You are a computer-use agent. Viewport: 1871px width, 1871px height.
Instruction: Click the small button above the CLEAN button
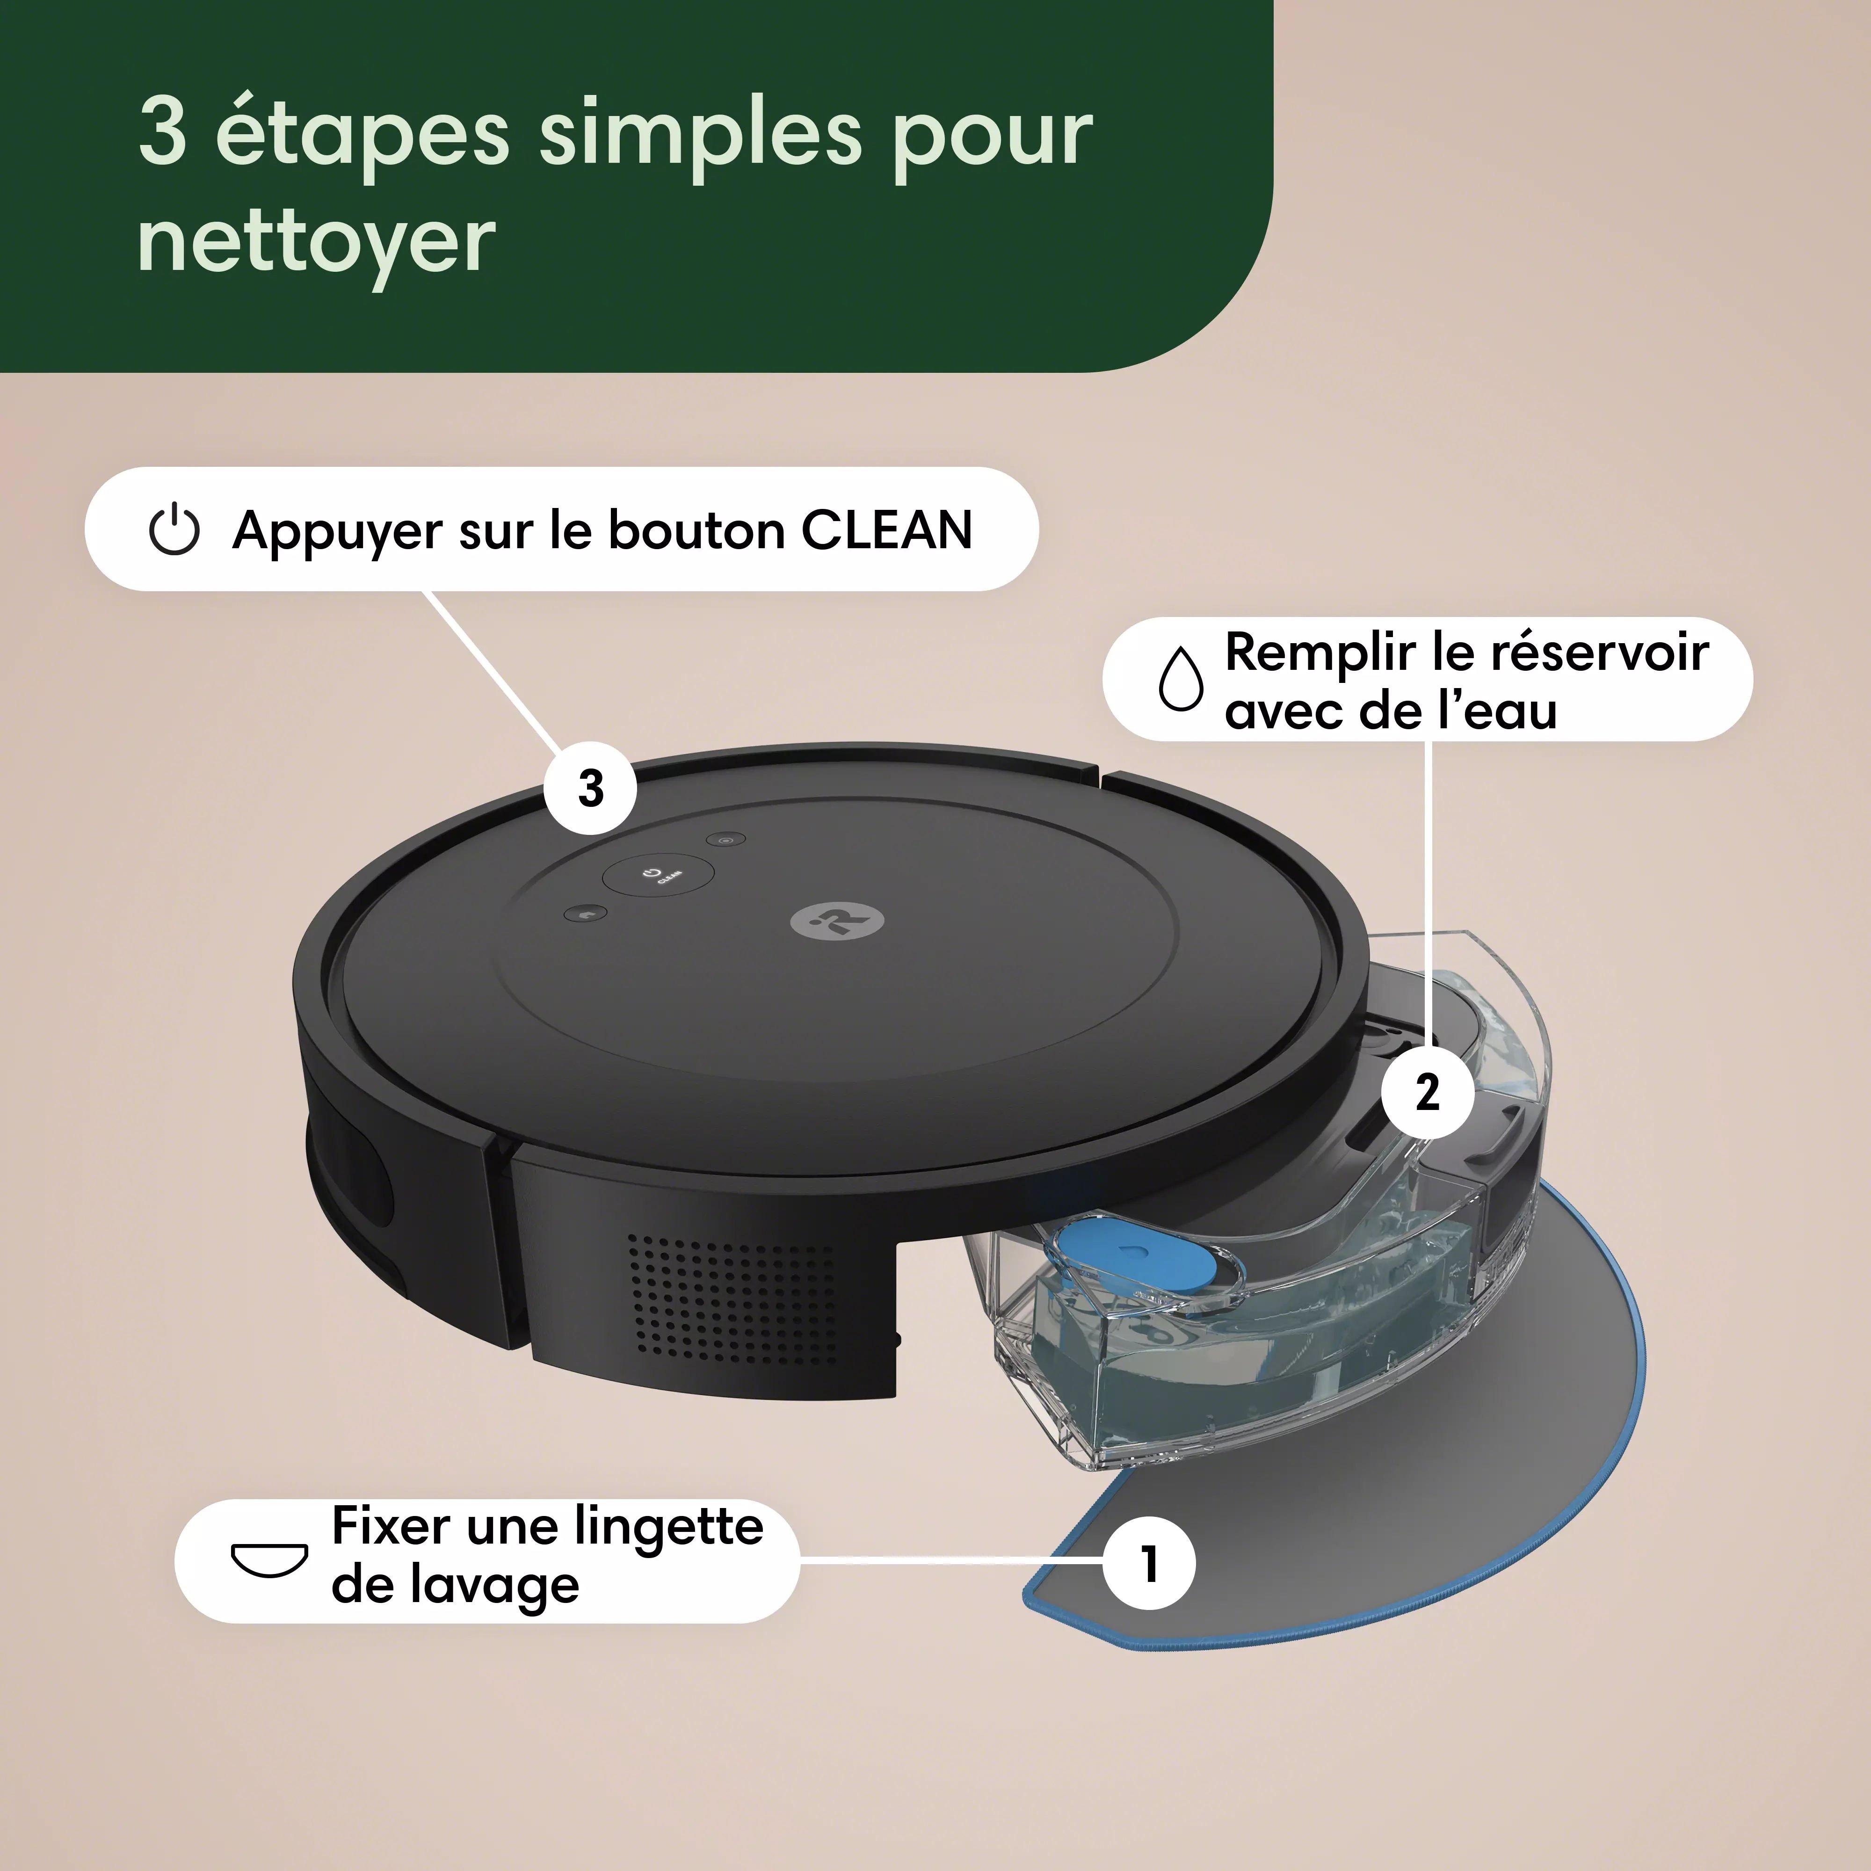pos(725,840)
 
